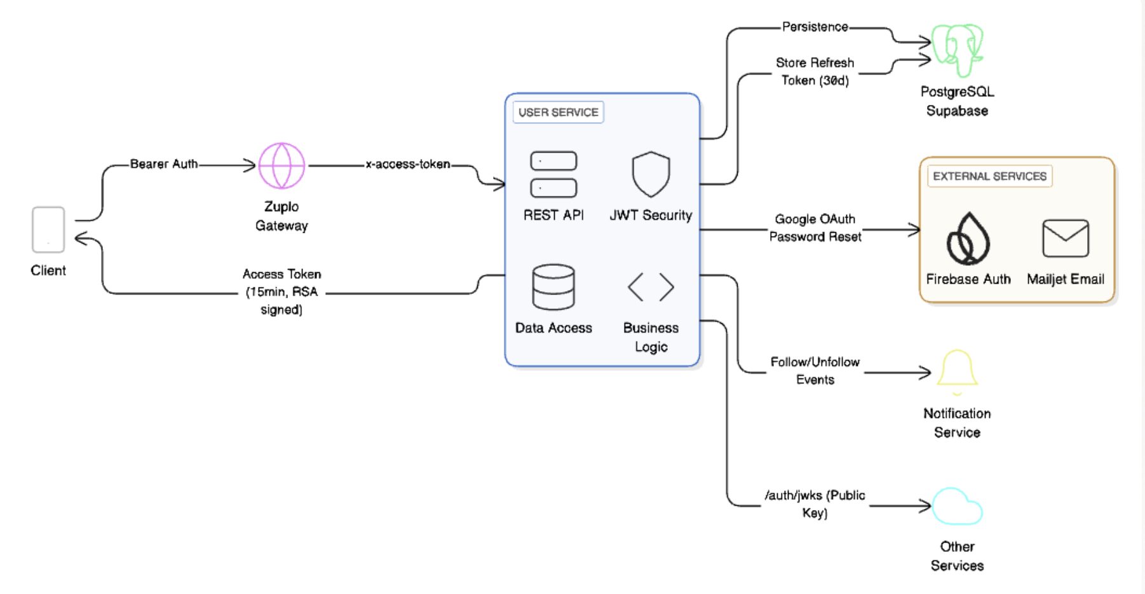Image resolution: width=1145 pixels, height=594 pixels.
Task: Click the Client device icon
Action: click(x=48, y=230)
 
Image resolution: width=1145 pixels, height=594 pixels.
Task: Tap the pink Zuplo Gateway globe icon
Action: click(x=281, y=165)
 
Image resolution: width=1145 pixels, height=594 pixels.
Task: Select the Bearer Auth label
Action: click(x=164, y=164)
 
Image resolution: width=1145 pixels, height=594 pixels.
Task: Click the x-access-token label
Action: click(x=407, y=164)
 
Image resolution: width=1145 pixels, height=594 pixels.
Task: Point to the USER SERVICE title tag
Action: click(x=558, y=113)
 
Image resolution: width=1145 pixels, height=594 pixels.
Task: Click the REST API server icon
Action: click(x=553, y=174)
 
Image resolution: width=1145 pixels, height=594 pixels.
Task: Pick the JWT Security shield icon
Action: click(x=651, y=174)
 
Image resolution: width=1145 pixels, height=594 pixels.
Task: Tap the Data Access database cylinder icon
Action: click(x=553, y=287)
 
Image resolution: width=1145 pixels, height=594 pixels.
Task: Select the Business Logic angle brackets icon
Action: click(x=651, y=287)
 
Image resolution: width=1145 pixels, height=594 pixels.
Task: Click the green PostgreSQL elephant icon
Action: click(x=957, y=50)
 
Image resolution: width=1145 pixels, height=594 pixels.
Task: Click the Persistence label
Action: click(x=815, y=27)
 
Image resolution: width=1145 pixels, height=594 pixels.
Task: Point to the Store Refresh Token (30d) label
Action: click(x=815, y=71)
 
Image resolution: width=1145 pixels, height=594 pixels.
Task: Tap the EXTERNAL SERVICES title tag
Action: click(x=989, y=176)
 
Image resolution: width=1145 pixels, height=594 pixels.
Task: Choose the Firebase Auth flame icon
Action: click(x=968, y=240)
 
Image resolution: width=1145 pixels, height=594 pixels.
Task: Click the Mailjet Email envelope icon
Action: click(x=1066, y=238)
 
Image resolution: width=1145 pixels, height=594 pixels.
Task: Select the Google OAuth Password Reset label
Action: click(x=815, y=228)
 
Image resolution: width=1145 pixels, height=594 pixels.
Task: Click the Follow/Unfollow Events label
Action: click(x=815, y=371)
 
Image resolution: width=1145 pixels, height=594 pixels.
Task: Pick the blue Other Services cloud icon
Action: click(x=957, y=507)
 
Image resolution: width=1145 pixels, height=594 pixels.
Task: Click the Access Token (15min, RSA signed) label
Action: click(x=281, y=292)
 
